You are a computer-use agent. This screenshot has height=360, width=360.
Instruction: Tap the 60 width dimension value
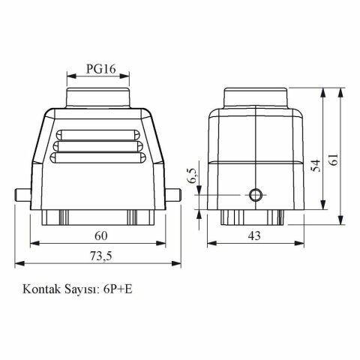100,235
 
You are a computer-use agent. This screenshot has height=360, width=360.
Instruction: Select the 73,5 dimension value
100,256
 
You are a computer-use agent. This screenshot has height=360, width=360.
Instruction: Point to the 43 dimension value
254,235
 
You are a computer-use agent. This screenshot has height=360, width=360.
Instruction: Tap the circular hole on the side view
255,196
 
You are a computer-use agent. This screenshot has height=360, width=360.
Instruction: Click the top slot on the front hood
99,133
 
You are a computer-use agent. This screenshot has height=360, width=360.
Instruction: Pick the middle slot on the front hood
99,145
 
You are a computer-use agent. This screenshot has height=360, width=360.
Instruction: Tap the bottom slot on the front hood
99,158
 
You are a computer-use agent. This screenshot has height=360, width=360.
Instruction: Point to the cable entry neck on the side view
255,97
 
